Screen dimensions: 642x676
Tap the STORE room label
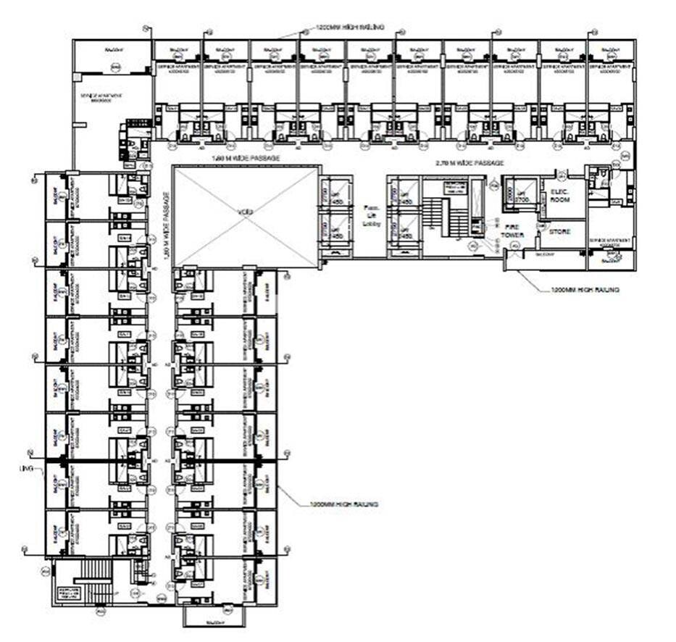pyautogui.click(x=559, y=232)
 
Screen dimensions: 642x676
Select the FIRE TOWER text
pyautogui.click(x=514, y=231)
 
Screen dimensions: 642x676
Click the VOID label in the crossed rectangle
pyautogui.click(x=246, y=213)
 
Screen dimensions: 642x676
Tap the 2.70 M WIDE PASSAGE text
pyautogui.click(x=469, y=164)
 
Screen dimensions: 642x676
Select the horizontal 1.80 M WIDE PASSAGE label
pyautogui.click(x=245, y=157)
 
